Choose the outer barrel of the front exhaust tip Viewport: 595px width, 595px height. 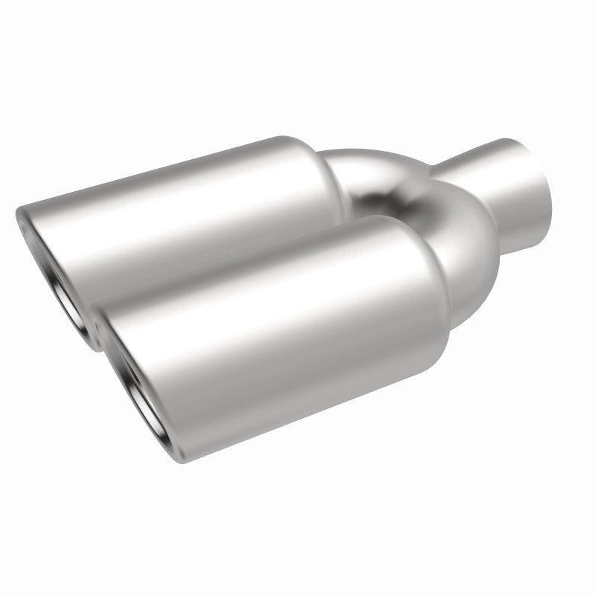click(x=297, y=350)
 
